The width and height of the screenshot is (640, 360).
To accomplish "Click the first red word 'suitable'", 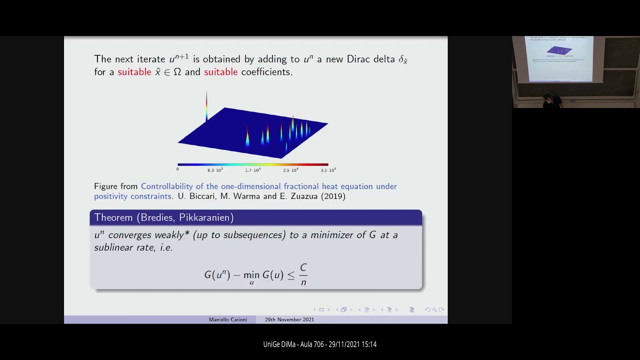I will [134, 72].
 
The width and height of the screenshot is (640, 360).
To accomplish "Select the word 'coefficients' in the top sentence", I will [265, 72].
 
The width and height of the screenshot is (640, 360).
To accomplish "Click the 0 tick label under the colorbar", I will [177, 169].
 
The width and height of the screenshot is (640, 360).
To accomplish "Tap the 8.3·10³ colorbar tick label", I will [215, 170].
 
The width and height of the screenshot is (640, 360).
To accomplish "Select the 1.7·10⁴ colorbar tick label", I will [252, 170].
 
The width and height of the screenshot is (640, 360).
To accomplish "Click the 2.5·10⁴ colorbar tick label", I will [290, 170].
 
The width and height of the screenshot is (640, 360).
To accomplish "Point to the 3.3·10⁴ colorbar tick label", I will [328, 170].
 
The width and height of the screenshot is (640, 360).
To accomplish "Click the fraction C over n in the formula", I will [303, 274].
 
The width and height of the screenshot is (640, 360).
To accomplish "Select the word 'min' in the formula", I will [251, 275].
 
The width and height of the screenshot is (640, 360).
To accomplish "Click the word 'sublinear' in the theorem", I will [114, 247].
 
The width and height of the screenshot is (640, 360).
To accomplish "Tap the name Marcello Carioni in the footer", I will [227, 319].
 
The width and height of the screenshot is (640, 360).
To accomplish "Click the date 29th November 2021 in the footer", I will [289, 319].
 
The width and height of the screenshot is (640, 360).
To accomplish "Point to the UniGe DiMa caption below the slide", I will [320, 344].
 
